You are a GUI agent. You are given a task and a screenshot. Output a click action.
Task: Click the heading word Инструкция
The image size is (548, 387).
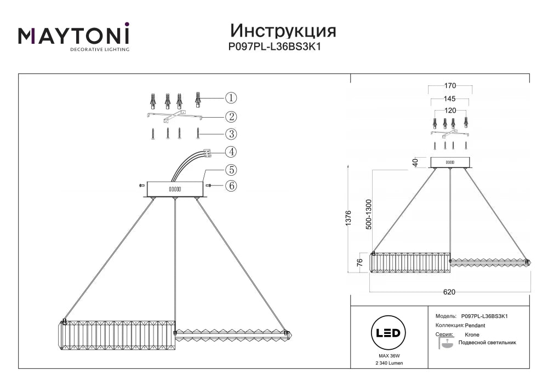(283, 31)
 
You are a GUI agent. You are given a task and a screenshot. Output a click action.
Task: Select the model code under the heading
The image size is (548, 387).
(275, 47)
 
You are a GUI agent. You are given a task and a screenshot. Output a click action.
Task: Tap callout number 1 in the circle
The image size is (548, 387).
(231, 98)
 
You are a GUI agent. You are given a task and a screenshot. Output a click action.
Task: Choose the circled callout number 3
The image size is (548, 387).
(231, 134)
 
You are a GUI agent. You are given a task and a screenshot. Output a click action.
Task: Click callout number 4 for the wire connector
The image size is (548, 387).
(231, 152)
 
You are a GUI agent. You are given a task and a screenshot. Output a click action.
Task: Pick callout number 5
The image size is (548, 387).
(231, 170)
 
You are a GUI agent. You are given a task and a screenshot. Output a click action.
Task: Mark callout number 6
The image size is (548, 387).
(231, 186)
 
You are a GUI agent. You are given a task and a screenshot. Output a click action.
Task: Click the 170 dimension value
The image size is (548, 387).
(450, 85)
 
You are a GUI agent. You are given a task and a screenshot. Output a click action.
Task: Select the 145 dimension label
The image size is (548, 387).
(450, 99)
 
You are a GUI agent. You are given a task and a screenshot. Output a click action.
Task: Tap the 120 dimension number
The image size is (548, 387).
(450, 110)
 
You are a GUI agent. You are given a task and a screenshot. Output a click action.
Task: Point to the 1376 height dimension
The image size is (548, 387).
(349, 218)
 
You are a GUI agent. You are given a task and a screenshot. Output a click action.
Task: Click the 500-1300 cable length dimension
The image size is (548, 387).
(369, 214)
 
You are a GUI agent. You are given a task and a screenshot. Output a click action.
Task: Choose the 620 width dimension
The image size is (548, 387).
(449, 292)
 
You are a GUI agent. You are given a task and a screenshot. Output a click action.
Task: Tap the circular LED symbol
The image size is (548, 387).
(389, 333)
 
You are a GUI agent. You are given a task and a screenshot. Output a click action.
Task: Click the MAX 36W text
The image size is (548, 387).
(389, 356)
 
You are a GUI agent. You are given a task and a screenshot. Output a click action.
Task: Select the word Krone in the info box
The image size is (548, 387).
(472, 334)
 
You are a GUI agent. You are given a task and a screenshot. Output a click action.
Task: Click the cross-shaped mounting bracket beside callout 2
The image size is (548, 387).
(174, 117)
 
